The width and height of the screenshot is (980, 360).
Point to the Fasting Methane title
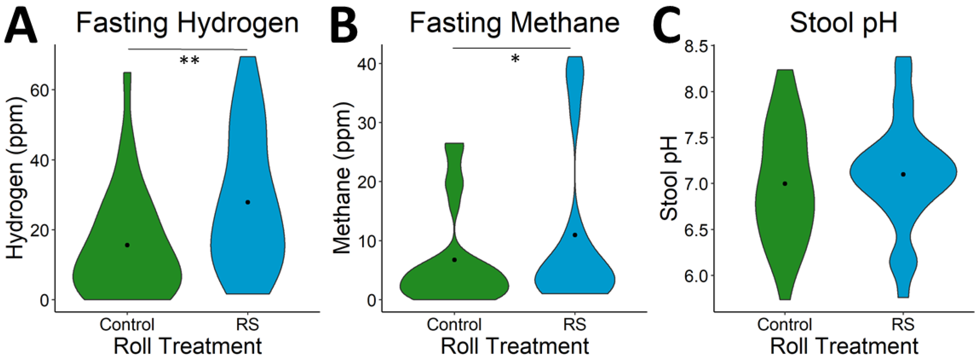(514, 23)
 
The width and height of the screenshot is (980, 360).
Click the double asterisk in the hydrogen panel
(189, 61)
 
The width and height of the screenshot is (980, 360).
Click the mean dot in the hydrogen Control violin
(127, 245)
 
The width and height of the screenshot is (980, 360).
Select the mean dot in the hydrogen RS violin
(248, 202)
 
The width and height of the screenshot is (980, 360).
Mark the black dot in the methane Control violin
(454, 260)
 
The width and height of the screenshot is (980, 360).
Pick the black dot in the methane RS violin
(575, 235)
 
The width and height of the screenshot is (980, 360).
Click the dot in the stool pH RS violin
(903, 174)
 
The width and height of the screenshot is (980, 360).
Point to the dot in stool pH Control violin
(784, 183)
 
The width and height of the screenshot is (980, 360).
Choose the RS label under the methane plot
(574, 325)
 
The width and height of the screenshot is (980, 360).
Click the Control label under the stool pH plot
(784, 325)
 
